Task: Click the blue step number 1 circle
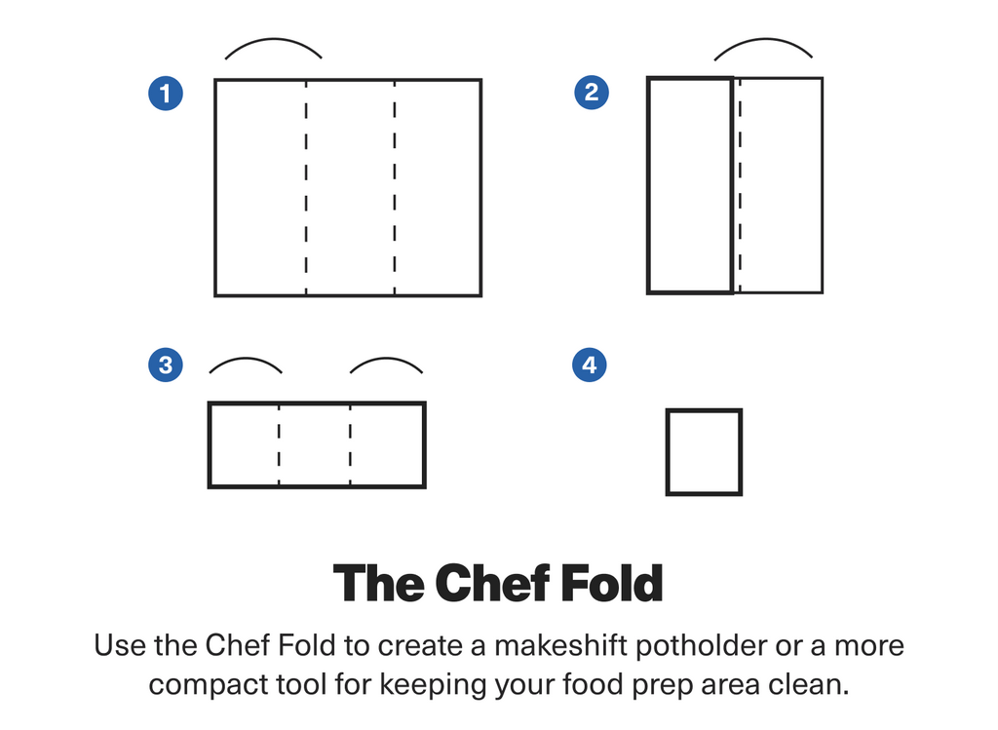166,93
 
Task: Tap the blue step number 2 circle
592,93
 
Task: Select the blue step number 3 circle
166,365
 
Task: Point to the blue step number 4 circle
590,365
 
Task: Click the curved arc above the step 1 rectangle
274,39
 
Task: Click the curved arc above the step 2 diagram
764,39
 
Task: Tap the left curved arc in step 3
246,359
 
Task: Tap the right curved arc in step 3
386,359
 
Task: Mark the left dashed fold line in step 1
306,188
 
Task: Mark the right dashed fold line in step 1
395,188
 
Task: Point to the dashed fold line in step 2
741,185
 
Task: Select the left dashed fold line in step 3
279,444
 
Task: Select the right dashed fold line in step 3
350,444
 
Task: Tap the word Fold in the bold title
612,583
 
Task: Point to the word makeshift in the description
560,645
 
